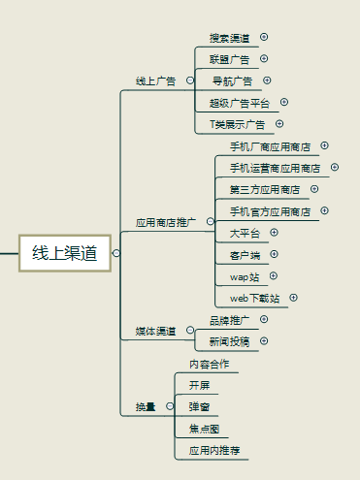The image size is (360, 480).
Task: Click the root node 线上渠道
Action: click(65, 253)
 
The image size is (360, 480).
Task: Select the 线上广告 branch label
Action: click(155, 80)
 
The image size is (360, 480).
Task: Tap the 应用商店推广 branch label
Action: click(166, 222)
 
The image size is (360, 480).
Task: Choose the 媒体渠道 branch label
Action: click(155, 331)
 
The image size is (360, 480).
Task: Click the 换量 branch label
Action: click(146, 405)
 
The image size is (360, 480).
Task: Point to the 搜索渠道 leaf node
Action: click(229, 38)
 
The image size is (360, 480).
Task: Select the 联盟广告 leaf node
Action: click(229, 59)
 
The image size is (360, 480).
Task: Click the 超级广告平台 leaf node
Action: click(241, 102)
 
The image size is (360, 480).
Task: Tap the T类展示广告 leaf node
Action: click(238, 124)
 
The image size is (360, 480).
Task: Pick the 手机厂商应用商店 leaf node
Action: click(270, 146)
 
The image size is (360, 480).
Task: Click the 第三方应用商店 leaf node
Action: click(264, 189)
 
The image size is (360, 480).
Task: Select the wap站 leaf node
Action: click(245, 276)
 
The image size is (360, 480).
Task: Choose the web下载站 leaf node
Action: click(254, 298)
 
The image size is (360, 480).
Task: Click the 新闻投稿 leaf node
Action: click(229, 341)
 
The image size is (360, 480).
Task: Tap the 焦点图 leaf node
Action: click(204, 428)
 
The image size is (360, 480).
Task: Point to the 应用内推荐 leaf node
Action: click(214, 450)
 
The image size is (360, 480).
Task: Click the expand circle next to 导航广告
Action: click(267, 80)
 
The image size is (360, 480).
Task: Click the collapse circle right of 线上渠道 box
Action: click(116, 253)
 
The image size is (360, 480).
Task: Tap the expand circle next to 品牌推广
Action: click(264, 319)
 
